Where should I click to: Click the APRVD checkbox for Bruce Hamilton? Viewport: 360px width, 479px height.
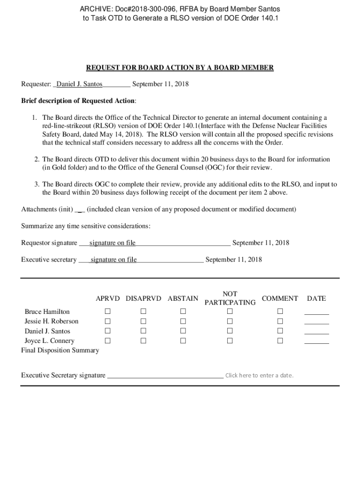pos(108,312)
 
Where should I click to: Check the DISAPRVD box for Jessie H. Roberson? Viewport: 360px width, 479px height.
pos(144,321)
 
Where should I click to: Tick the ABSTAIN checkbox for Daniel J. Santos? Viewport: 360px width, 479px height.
pos(183,331)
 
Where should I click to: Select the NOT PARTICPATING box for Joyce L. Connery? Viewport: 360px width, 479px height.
pos(230,341)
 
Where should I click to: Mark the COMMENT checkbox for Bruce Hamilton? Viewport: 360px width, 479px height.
pos(280,312)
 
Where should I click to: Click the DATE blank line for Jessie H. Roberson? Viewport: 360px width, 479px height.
pos(317,323)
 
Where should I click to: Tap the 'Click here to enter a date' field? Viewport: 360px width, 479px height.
pos(259,375)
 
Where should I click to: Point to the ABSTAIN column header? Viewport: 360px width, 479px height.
pos(183,298)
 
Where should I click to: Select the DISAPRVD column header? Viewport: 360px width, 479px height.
pos(144,298)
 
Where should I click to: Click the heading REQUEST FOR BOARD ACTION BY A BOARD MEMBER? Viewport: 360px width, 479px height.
pos(180,68)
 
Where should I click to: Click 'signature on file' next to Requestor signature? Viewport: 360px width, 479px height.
pos(112,243)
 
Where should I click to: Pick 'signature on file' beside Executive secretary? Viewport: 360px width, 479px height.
pos(114,260)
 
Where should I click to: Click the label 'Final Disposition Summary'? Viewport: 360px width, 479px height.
pos(60,350)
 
